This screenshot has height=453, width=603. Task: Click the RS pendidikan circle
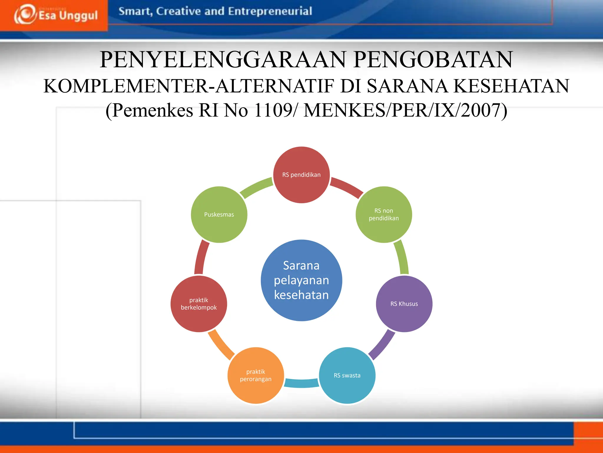[301, 175]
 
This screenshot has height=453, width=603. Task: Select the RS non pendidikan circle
[384, 215]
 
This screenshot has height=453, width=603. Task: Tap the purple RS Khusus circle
[404, 304]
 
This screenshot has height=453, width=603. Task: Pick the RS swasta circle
[347, 375]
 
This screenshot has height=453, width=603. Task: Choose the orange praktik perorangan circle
[256, 375]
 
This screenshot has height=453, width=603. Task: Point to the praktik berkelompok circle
[199, 304]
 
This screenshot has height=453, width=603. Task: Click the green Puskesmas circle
[219, 215]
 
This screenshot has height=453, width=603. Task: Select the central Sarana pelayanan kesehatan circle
[301, 280]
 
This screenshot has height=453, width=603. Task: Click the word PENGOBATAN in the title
[433, 60]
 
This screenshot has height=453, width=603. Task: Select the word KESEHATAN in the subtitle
[511, 86]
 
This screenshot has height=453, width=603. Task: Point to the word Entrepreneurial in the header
[270, 11]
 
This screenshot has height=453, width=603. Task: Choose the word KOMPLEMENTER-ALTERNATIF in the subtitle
[188, 86]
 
